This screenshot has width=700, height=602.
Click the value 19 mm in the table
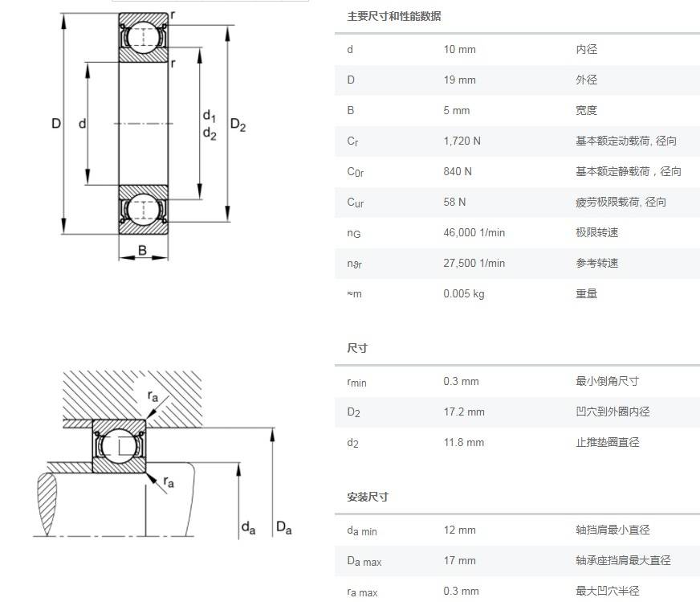tap(459, 80)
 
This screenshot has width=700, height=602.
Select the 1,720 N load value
tap(462, 141)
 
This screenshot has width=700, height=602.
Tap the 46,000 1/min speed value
tap(474, 233)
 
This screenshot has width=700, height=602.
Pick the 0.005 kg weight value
tap(464, 294)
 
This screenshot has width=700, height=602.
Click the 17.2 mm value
tap(464, 412)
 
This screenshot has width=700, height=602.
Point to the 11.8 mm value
tap(464, 443)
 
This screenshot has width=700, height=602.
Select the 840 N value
tap(458, 172)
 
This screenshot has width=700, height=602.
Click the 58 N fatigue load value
tap(454, 203)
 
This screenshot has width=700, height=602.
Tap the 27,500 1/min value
tap(474, 264)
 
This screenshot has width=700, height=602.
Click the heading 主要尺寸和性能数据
tap(393, 17)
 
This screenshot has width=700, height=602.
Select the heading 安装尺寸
tap(368, 498)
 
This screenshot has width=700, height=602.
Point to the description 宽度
tap(586, 111)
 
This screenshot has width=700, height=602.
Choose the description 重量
tap(586, 294)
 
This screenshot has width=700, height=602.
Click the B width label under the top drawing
tap(142, 250)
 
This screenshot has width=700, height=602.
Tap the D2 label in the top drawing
tap(238, 125)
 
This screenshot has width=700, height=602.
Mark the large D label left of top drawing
tap(56, 124)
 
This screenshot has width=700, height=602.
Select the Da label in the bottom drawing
tap(283, 528)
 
